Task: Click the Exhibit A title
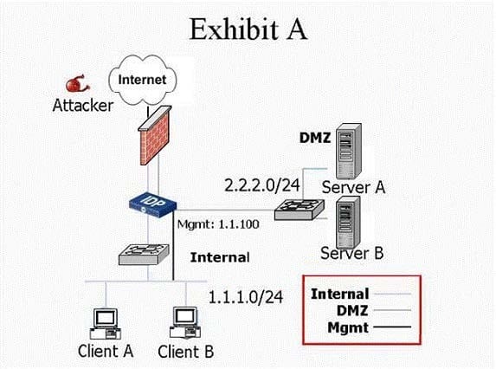248,29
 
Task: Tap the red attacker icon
78,84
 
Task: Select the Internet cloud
142,80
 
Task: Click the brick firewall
155,135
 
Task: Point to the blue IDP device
153,204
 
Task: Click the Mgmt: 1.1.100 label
218,224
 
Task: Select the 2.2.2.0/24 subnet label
262,185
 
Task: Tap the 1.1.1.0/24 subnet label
246,297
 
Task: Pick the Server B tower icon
348,222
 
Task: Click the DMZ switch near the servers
300,210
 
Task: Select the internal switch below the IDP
144,254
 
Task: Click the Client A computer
106,324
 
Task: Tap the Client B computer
185,323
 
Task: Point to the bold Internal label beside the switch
220,257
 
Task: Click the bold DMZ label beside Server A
315,138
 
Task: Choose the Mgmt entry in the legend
348,327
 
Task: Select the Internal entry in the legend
340,294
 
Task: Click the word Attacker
83,105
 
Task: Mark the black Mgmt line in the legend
392,327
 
